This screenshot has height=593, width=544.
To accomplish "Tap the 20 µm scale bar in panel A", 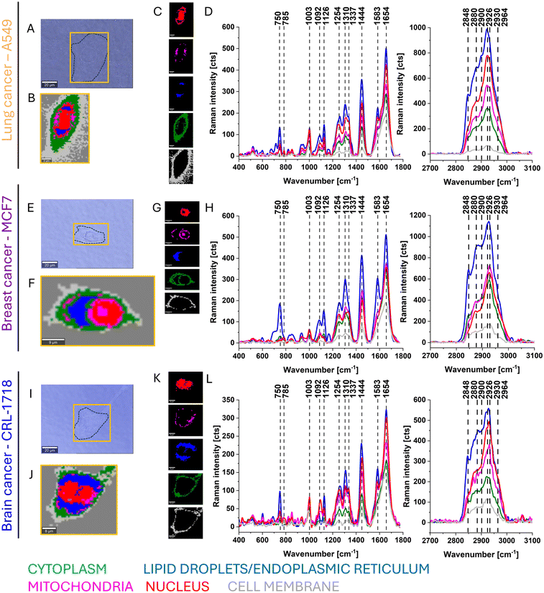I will tap(50, 85).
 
